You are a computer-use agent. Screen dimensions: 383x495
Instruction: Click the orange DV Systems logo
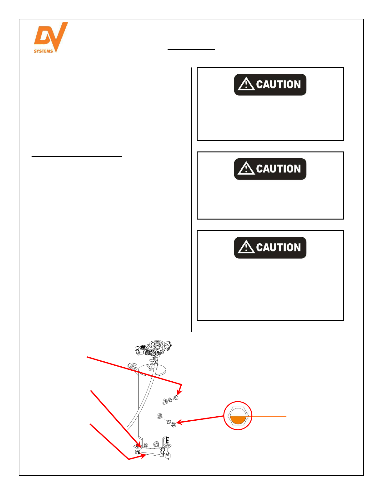click(51, 37)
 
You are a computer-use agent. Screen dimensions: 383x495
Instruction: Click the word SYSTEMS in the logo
click(43, 51)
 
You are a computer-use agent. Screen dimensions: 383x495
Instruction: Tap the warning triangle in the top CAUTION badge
click(246, 84)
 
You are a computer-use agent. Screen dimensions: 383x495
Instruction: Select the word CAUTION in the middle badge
click(278, 169)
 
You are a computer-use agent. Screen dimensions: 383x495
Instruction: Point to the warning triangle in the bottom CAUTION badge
click(246, 247)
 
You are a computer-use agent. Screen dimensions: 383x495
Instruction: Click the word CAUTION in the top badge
click(278, 85)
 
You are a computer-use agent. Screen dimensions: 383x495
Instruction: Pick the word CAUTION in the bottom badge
click(278, 247)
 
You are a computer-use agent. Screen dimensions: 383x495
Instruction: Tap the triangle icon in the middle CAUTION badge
click(246, 168)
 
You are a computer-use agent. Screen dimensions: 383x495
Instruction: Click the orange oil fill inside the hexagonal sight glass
click(238, 420)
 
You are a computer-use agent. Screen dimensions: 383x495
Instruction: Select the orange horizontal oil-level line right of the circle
click(266, 416)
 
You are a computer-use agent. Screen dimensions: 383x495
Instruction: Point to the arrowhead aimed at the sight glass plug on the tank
click(180, 422)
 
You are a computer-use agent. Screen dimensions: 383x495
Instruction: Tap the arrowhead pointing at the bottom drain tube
click(143, 456)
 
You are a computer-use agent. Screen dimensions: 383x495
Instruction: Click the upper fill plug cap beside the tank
click(176, 398)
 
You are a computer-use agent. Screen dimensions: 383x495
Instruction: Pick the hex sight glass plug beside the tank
click(173, 424)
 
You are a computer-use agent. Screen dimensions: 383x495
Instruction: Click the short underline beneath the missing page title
click(191, 49)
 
